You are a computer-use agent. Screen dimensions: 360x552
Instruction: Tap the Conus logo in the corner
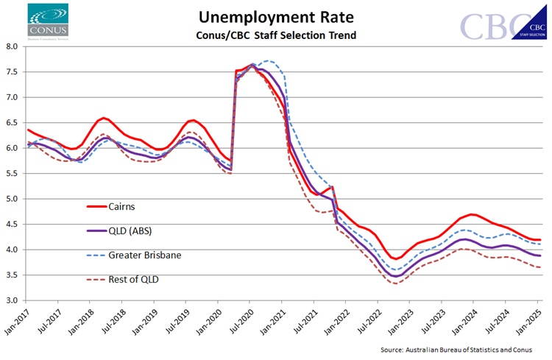48,21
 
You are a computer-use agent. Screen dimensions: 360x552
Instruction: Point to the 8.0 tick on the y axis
11,46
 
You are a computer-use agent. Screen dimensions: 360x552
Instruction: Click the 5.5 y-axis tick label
11,174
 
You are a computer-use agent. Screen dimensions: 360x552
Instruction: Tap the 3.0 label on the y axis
11,300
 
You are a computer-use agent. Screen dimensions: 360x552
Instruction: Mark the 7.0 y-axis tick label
11,97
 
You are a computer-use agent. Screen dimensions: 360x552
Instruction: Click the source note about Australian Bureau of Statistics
466,348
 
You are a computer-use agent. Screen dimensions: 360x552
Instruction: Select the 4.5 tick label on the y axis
11,225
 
